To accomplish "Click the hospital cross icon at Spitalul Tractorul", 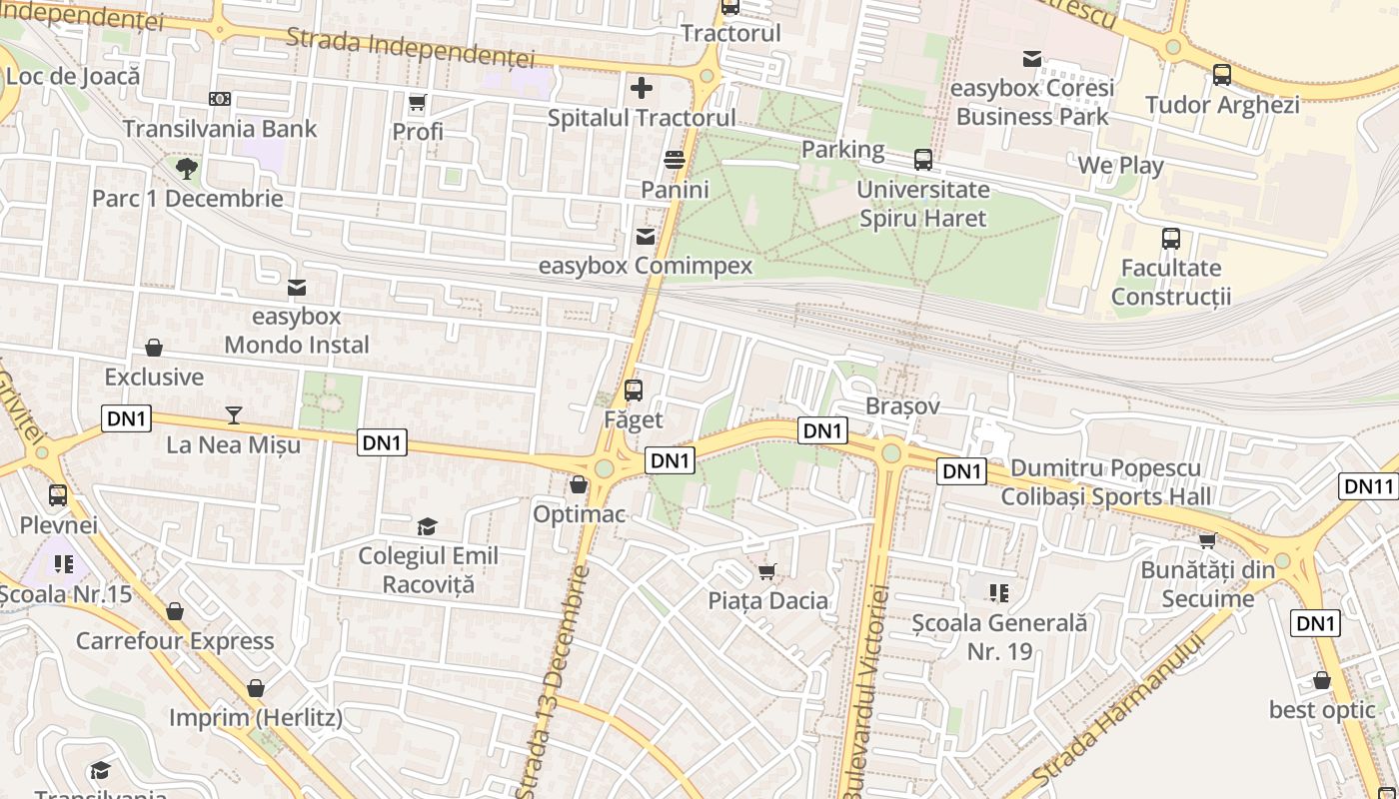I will pos(642,88).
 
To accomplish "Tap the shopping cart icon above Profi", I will pos(418,103).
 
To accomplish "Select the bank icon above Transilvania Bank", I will pos(220,99).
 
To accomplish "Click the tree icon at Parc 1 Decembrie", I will pos(186,168).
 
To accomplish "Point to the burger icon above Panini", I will pos(675,160).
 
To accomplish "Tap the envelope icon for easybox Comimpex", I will pos(646,237).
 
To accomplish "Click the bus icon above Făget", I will pos(634,391).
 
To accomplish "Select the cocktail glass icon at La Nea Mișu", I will pos(234,414).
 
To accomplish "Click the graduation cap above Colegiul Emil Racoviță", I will pos(427,526).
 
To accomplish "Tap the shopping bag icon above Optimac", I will pos(578,485).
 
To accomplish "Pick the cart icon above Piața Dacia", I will pos(767,571).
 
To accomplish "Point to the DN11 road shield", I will pos(1367,486).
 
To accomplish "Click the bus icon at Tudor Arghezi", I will pos(1221,75).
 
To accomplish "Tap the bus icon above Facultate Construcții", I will pos(1171,239).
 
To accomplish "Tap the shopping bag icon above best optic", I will pos(1322,681).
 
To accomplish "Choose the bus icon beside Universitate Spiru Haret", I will pos(923,160).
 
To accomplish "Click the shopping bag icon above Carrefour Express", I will pos(175,611).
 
